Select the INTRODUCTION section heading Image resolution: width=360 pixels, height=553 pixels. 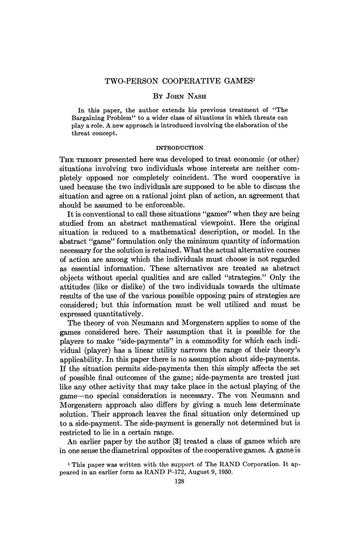point(180,148)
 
